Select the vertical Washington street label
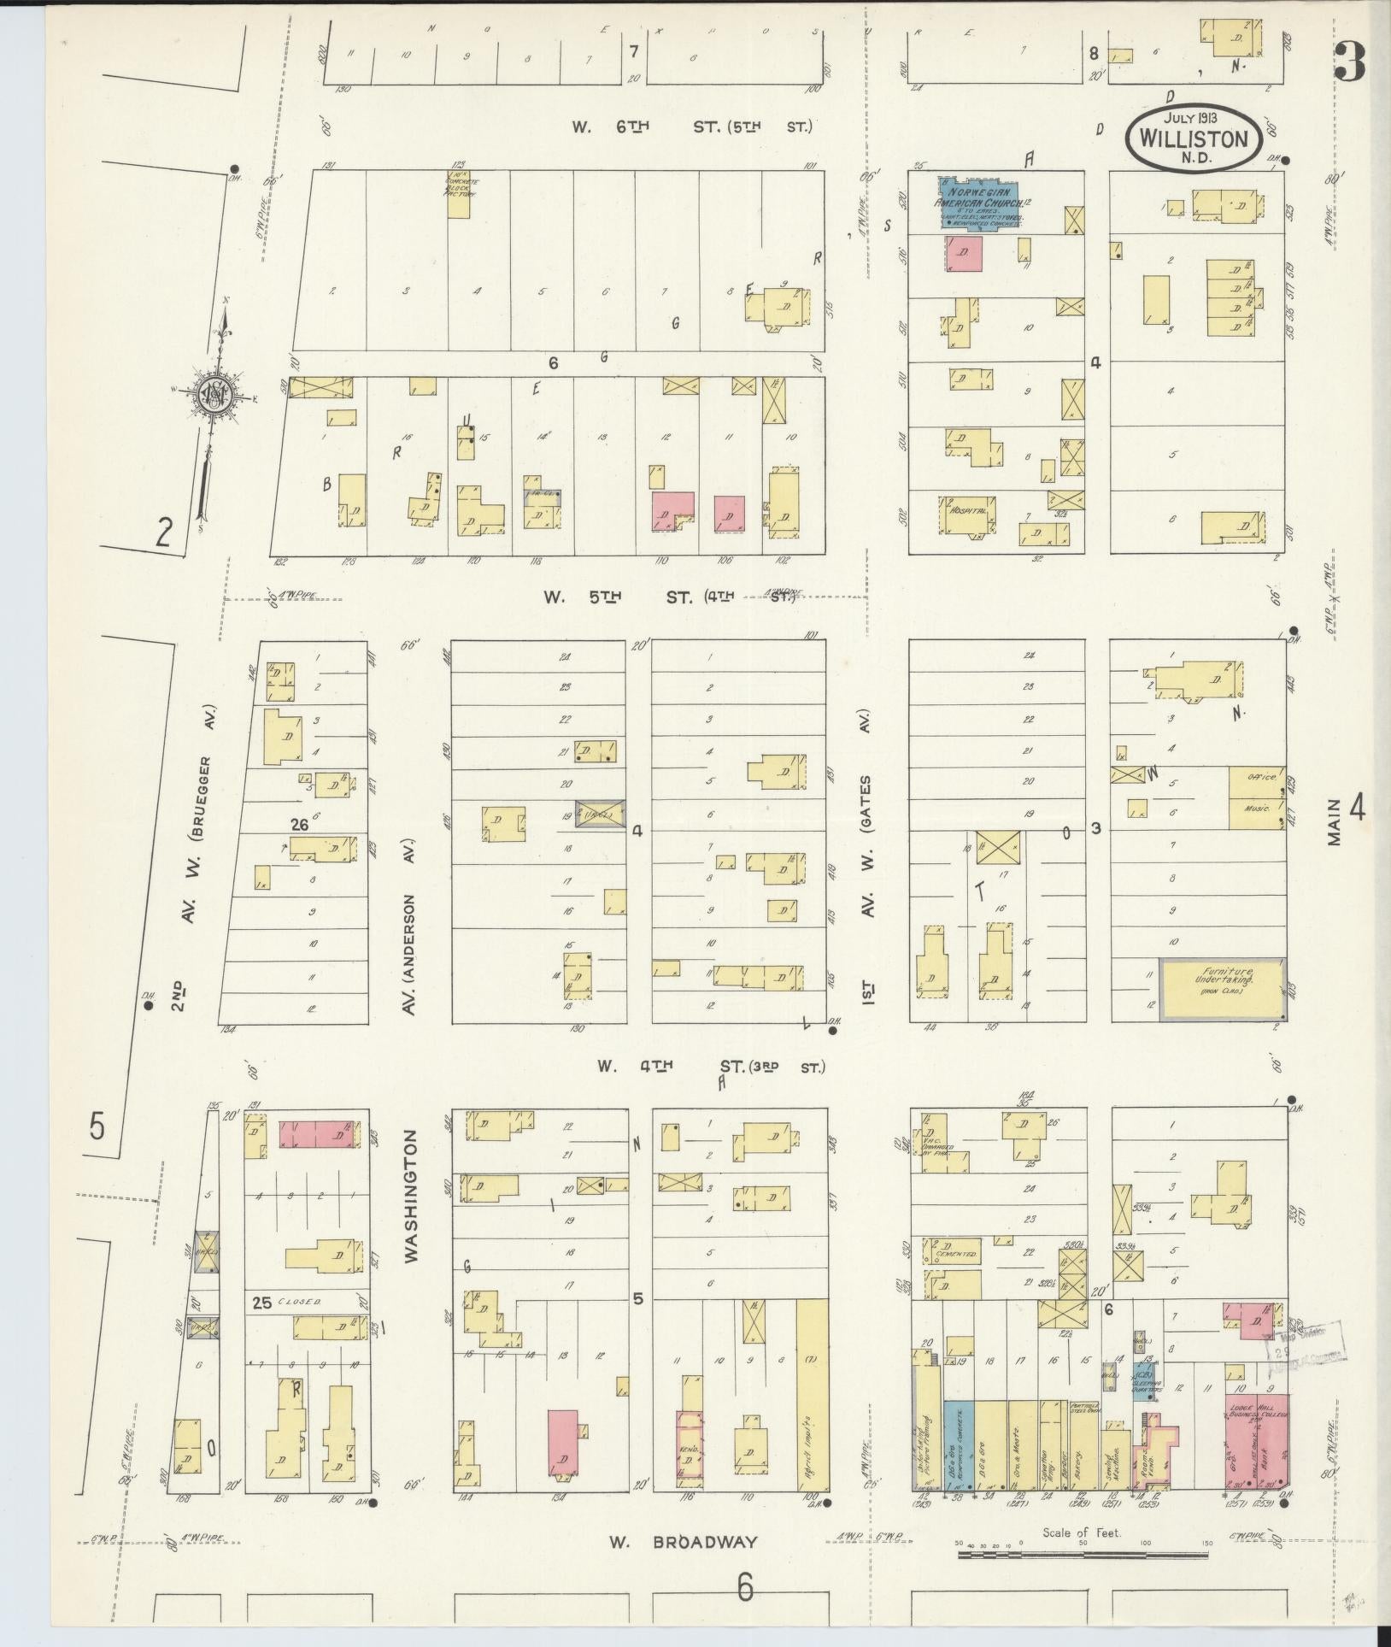tap(412, 1197)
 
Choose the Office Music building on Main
tap(1257, 797)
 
